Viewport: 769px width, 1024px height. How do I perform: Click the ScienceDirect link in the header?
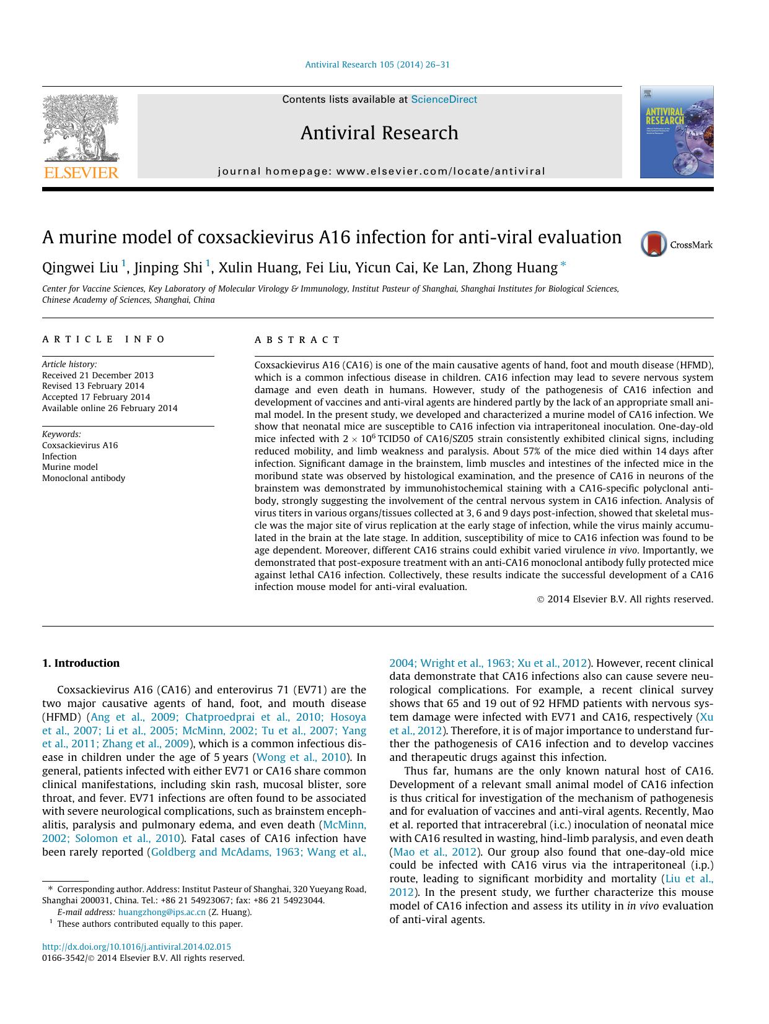(444, 100)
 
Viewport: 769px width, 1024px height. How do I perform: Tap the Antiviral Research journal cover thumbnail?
(676, 132)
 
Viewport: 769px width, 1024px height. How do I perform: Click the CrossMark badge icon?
(654, 244)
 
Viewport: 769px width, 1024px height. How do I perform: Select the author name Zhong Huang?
(514, 267)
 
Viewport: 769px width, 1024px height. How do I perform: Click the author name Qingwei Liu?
(80, 267)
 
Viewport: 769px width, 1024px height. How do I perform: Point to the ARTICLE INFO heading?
(104, 339)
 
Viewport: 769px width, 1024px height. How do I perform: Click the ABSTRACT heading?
(297, 340)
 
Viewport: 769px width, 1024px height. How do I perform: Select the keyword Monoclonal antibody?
(84, 478)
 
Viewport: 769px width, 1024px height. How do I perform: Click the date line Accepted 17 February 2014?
(96, 397)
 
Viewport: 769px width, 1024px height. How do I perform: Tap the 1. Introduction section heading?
(81, 663)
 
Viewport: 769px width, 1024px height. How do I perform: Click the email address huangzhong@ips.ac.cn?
(162, 912)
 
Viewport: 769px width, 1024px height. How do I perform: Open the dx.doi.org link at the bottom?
(136, 947)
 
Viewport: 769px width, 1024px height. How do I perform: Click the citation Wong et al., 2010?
(301, 757)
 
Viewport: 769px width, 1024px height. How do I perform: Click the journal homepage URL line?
(381, 171)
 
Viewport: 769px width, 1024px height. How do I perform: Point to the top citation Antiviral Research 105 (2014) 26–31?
(377, 64)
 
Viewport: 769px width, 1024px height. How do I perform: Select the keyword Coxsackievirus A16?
(80, 445)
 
